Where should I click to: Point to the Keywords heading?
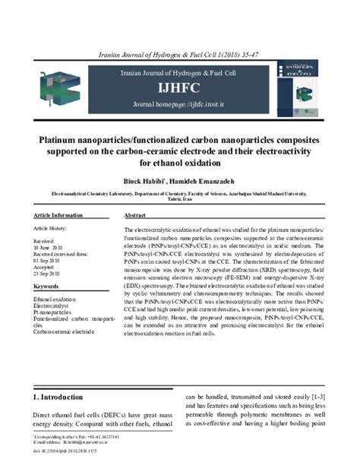47,287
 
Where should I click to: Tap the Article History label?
51,229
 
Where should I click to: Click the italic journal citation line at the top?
180,55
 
